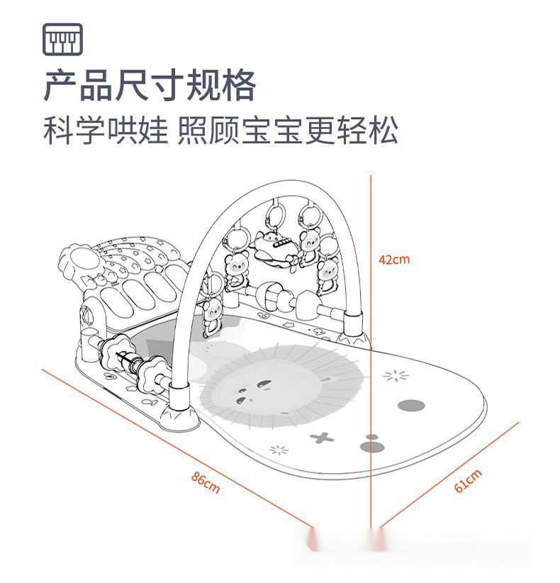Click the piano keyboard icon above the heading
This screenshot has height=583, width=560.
[63, 39]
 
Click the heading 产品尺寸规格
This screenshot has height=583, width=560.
[150, 86]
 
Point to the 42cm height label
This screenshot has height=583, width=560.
[394, 260]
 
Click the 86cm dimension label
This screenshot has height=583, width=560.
[206, 483]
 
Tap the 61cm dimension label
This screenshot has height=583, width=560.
[468, 481]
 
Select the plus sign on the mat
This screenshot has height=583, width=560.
[323, 438]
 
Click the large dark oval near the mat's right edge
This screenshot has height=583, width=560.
[411, 406]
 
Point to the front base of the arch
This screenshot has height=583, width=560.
[178, 410]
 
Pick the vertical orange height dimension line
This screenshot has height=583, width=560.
[371, 355]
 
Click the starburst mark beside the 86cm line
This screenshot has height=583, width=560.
[279, 449]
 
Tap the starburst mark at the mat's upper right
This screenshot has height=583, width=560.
[396, 376]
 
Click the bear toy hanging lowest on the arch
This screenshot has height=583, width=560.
[211, 317]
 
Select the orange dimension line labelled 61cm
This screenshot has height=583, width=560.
[449, 475]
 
